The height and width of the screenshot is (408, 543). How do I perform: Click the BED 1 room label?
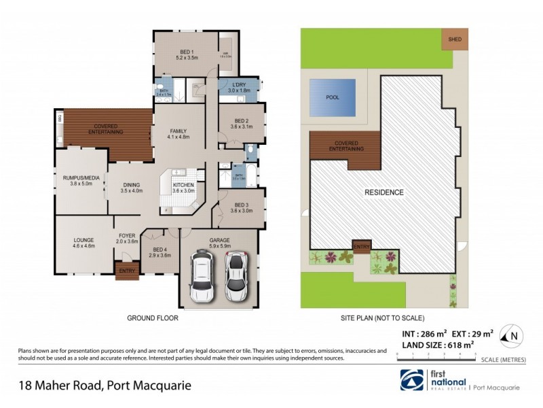pos(186,55)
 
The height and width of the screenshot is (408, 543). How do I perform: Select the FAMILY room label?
pos(179,134)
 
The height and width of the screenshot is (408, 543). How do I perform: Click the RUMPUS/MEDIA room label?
pos(81,181)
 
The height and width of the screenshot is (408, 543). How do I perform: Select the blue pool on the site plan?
pos(332,97)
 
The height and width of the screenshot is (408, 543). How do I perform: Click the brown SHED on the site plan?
pos(455,39)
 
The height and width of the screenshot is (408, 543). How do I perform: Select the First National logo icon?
pos(413,380)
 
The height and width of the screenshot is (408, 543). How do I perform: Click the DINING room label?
pos(132,188)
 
